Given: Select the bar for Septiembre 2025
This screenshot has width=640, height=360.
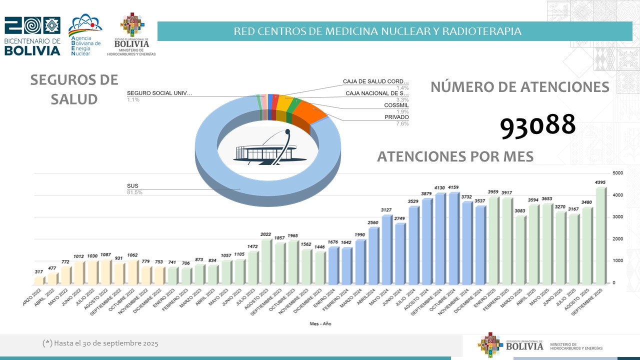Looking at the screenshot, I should [600, 235].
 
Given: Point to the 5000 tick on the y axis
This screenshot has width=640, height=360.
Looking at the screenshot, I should [617, 173].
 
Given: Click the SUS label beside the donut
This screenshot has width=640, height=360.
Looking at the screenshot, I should [132, 186].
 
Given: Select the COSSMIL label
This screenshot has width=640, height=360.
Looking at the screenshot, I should [397, 105].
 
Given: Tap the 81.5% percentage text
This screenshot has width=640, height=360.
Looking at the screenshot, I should [134, 192].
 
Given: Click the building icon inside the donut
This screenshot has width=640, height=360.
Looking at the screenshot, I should [265, 148].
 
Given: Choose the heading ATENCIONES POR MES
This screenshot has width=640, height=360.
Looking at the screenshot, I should [455, 156].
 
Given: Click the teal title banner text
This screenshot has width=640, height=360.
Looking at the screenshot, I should [377, 31].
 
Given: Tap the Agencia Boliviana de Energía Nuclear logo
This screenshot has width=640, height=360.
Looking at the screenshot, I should [85, 35].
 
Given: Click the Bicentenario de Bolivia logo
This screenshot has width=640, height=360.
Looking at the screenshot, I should [32, 36].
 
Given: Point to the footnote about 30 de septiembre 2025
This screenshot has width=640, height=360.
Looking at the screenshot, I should [100, 343].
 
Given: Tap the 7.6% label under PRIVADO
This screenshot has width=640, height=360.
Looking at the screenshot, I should [402, 123].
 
